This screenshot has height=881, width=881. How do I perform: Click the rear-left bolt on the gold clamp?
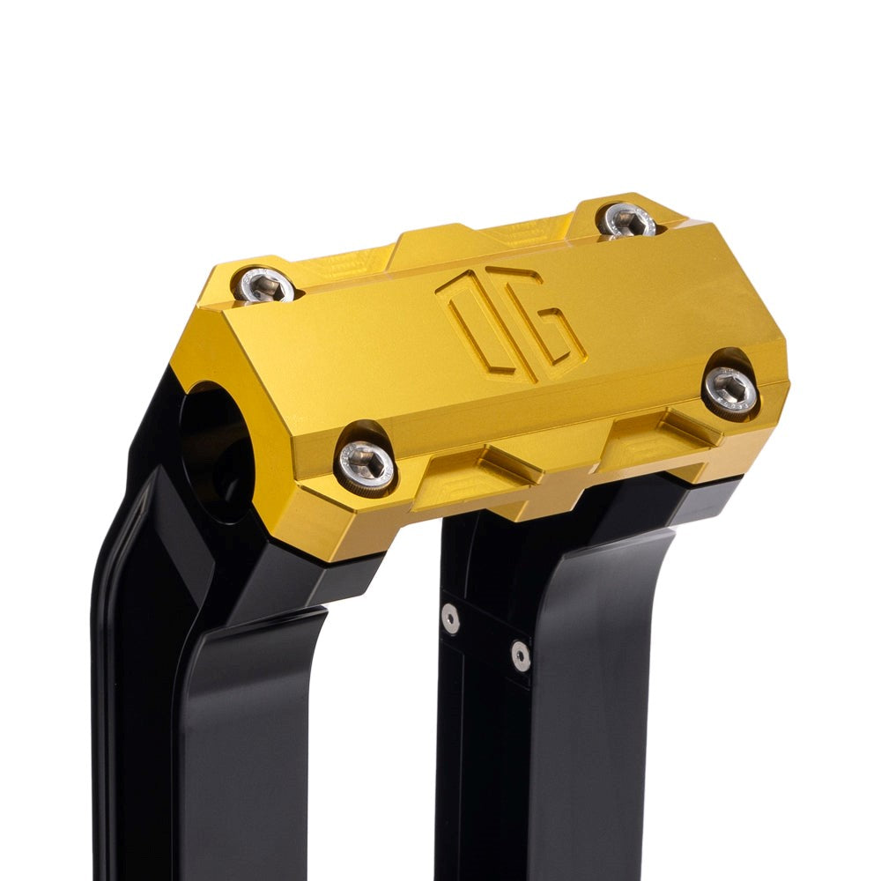coord(265,284)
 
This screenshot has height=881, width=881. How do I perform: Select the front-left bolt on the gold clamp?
coord(366,463)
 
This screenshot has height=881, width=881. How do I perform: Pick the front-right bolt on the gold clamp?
coord(731,390)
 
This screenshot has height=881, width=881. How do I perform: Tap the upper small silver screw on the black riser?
coord(451,618)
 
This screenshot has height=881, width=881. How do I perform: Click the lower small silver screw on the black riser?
coord(521,655)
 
